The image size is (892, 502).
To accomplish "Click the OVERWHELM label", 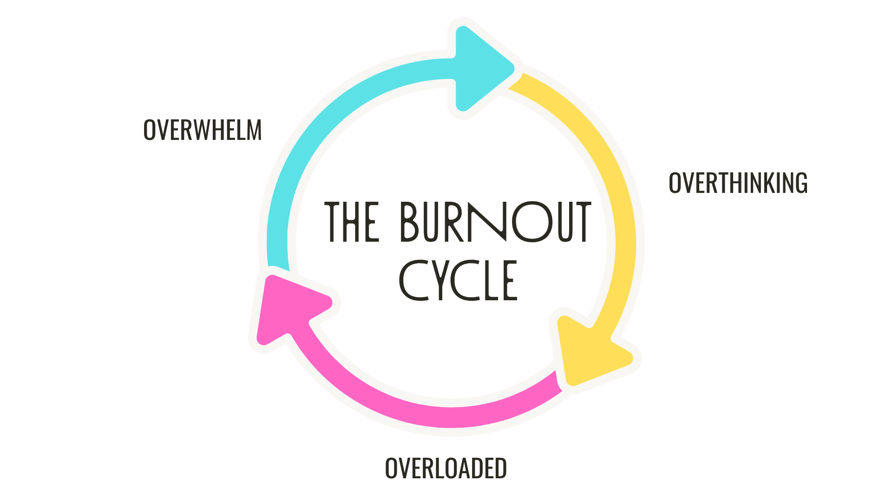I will point(203,130).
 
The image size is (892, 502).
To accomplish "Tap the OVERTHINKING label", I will point(738,183).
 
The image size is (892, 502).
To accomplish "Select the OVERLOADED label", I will point(446,468).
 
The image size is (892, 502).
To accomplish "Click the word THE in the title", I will point(352,222).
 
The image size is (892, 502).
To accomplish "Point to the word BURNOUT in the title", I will point(495,222).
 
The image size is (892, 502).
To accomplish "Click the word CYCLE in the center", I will point(458,280).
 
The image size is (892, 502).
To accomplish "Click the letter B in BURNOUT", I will point(410,222).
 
